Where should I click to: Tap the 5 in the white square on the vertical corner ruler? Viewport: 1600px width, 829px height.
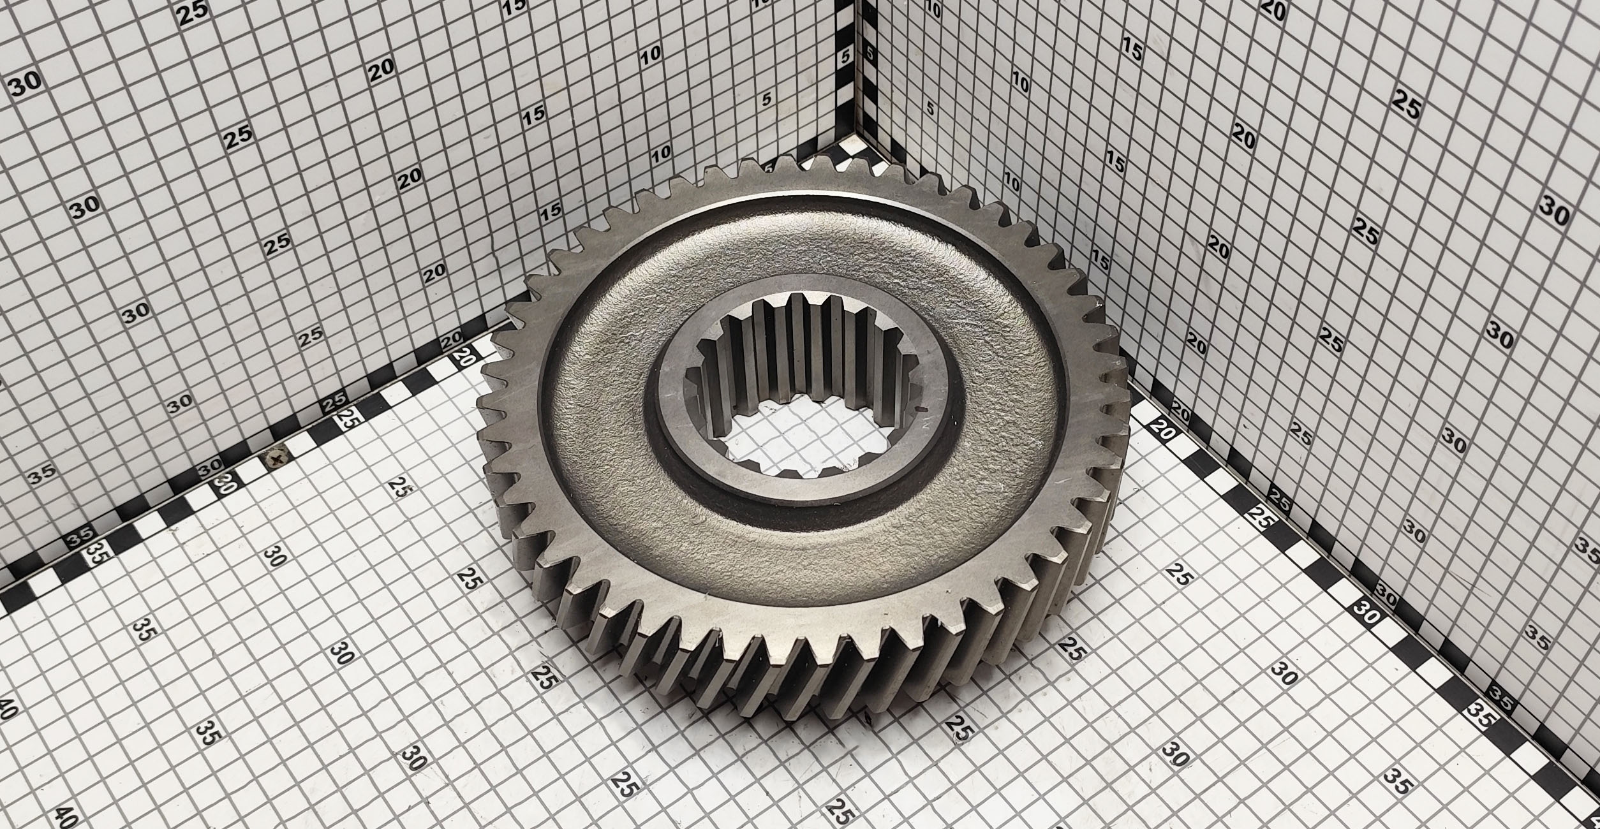click(x=846, y=56)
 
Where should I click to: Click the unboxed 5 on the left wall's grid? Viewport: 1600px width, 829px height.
click(x=767, y=99)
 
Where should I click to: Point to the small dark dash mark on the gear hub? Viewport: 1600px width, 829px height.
click(x=919, y=408)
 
